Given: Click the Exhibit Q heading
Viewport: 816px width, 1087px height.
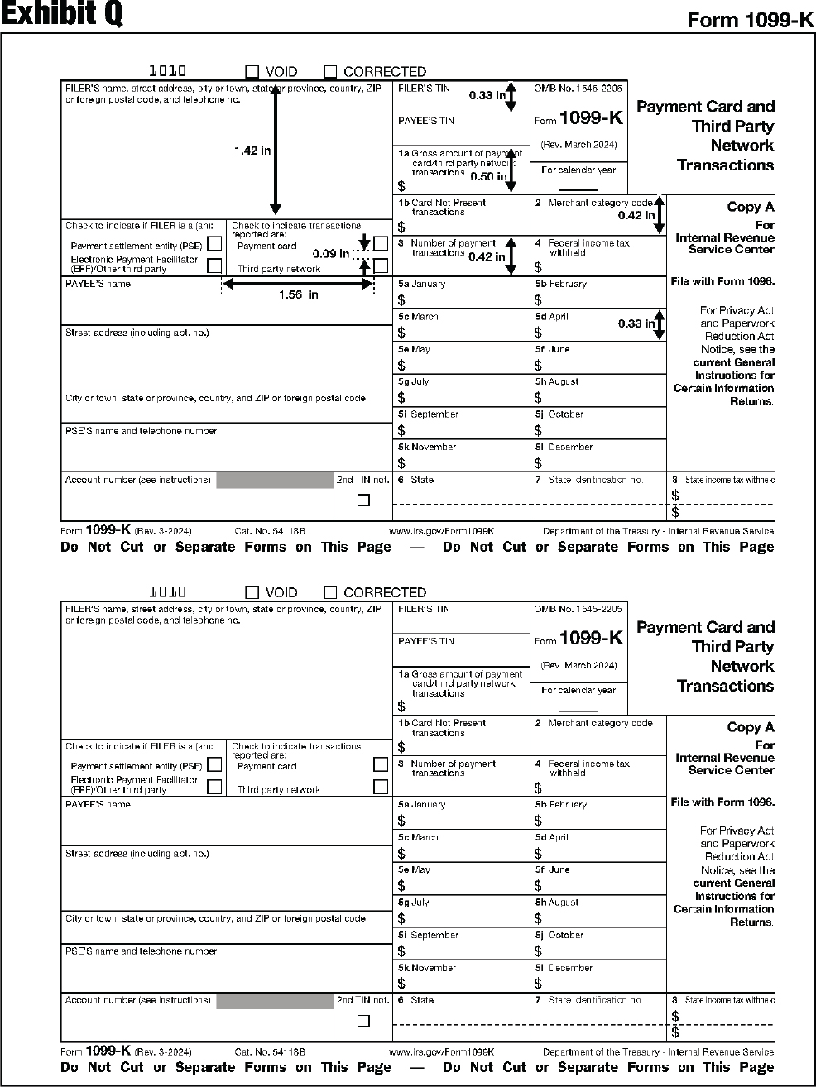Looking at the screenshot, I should [62, 14].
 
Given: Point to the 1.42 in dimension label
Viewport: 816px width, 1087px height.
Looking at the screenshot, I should [252, 151].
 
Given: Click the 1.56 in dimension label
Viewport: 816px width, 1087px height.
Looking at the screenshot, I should [298, 295].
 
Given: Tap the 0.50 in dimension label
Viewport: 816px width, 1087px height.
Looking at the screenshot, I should [487, 176].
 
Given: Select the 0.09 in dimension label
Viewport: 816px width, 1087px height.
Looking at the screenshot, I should [330, 254].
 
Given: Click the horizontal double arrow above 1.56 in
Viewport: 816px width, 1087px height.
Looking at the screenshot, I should [298, 284].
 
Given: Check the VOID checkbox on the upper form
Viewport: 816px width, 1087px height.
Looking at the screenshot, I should [252, 72].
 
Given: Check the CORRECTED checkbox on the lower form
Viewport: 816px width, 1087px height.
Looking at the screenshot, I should [330, 592].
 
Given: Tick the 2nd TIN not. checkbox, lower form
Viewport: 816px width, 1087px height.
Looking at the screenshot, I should [363, 1021].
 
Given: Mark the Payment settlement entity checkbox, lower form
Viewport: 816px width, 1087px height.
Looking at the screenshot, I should [214, 765].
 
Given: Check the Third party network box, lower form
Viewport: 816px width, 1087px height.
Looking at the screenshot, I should [381, 787].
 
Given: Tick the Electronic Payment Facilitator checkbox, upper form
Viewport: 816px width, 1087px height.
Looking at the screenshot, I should [214, 266].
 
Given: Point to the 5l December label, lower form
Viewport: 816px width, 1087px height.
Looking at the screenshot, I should [564, 968].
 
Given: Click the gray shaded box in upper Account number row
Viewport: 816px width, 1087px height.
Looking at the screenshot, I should [274, 481].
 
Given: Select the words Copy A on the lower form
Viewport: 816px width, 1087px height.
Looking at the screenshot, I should [750, 727].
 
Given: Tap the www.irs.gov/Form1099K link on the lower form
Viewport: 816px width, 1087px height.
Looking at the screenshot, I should [441, 1052].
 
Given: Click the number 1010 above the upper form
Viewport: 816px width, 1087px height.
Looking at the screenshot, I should [167, 72].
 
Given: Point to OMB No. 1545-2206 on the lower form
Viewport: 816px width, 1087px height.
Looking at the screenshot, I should [578, 609].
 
